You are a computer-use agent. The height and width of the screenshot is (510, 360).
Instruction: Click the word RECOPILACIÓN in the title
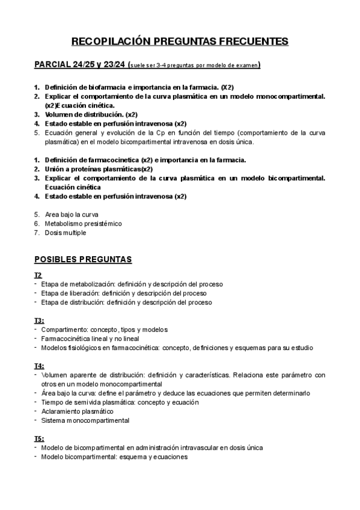click(108, 41)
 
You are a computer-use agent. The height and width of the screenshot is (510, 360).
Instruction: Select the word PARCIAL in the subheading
click(52, 64)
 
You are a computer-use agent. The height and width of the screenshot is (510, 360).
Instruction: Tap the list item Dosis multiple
click(66, 232)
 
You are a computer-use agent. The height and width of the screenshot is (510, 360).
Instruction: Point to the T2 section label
click(38, 275)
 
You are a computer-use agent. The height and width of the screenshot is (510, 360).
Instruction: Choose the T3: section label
click(39, 321)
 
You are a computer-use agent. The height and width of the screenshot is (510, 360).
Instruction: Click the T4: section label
click(39, 366)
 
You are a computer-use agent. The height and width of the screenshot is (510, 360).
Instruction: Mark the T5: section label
click(39, 438)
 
